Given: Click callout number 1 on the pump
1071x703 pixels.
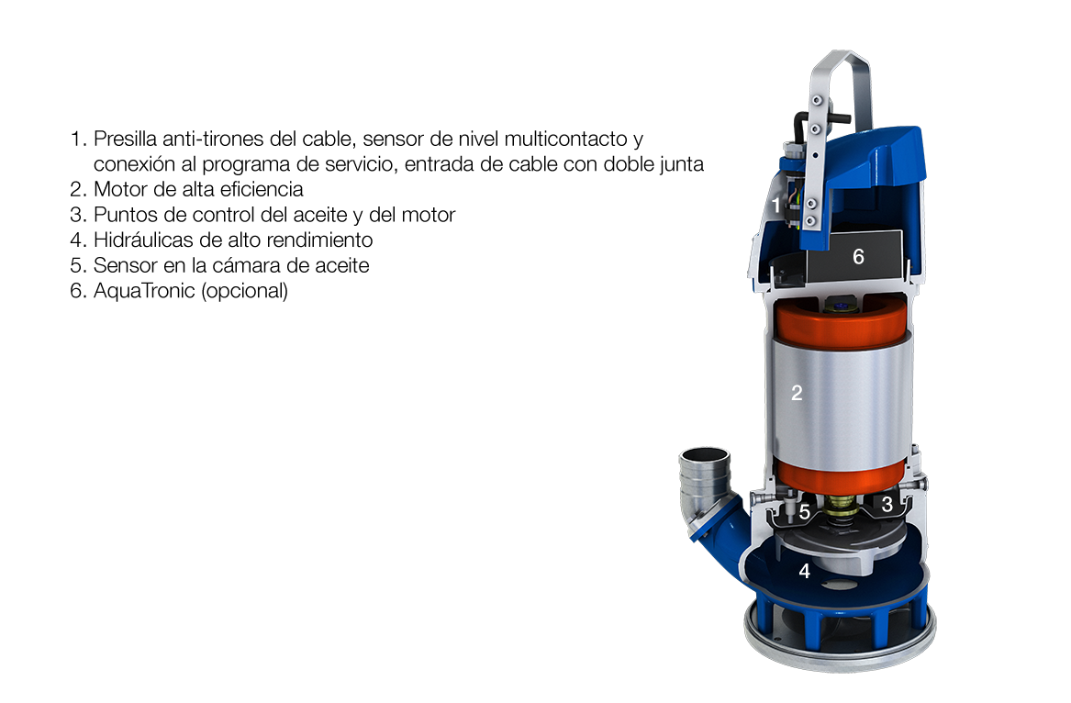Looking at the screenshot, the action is pos(775,205).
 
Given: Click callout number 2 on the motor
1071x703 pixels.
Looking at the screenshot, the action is pos(797,393).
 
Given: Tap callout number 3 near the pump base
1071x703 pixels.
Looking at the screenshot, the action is pos(887,504).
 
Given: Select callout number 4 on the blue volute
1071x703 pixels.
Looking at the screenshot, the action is pos(805,571).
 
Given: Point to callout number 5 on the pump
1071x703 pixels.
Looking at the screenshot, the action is pos(805,512).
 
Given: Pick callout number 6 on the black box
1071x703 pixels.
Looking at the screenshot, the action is pos(859,257).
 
